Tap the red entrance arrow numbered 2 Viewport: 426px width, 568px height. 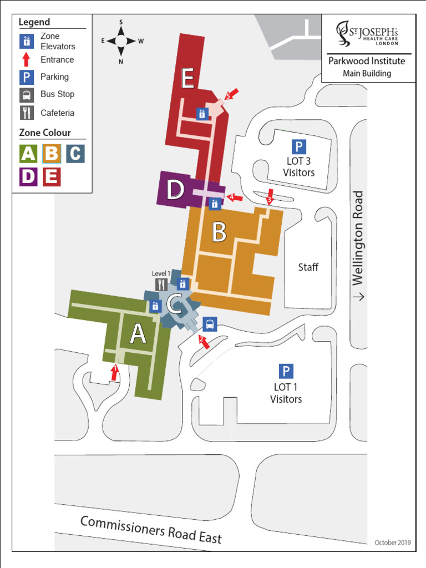coord(204,342)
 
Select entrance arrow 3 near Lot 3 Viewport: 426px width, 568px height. coord(270,196)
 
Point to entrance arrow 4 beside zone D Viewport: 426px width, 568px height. coord(235,197)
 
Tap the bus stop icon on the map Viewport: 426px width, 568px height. coord(210,324)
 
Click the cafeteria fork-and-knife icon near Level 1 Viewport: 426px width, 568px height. coord(161,285)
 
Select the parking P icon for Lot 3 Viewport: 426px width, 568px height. coord(298,147)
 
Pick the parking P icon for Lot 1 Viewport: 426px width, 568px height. coord(286,372)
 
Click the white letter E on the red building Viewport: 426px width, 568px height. coord(187,79)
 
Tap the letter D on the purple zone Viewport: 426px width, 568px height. coord(175,190)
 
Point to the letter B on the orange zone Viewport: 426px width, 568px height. coord(219,233)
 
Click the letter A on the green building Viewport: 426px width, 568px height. coord(138,334)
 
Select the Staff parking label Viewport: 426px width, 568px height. coord(308,267)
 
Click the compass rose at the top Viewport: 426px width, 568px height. coord(121,41)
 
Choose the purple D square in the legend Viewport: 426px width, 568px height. coord(29,176)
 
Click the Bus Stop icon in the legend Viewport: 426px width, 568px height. coord(27,95)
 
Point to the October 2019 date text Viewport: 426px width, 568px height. coord(392,542)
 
